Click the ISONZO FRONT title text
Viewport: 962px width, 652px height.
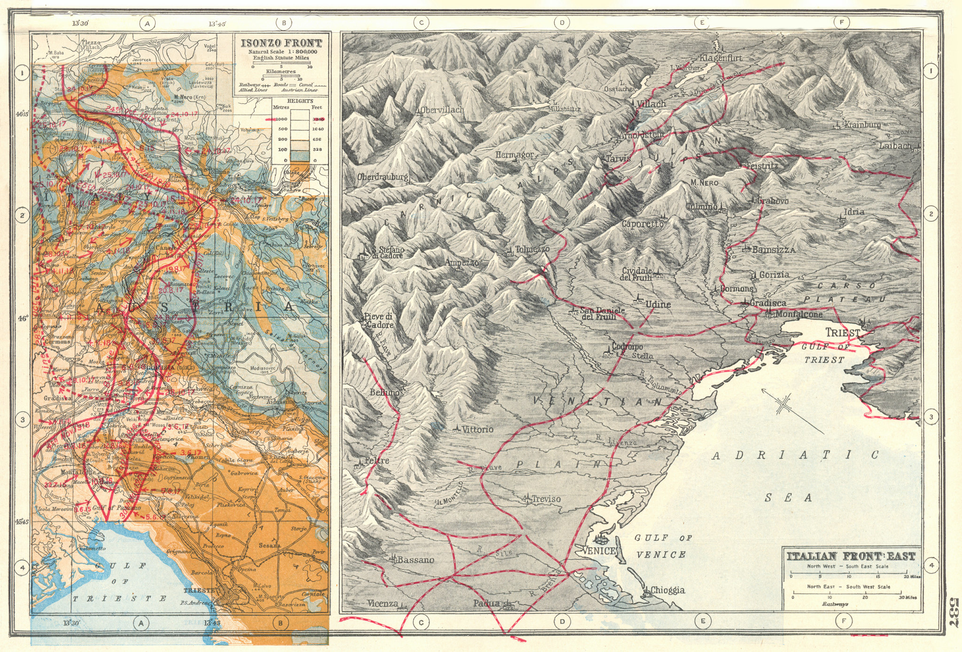tap(281, 43)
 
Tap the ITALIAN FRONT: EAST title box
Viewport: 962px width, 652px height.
tap(851, 557)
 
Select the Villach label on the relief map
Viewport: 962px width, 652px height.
tap(652, 104)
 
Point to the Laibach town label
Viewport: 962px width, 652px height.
tap(895, 146)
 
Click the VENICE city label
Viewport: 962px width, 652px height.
tap(598, 551)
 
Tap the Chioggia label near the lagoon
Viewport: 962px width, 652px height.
tap(667, 590)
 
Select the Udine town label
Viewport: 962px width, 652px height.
tap(658, 304)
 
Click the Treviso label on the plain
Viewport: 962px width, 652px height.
tap(545, 499)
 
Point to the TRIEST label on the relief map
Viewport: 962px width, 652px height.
tap(843, 333)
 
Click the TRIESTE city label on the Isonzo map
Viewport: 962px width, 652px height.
tap(199, 590)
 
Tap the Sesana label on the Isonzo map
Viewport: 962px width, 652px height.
tap(269, 545)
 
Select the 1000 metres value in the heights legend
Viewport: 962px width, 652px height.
tap(281, 119)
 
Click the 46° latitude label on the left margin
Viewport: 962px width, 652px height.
tap(23, 318)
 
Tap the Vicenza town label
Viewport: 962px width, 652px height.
tap(382, 604)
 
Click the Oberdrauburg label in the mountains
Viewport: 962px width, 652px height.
tap(382, 178)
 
